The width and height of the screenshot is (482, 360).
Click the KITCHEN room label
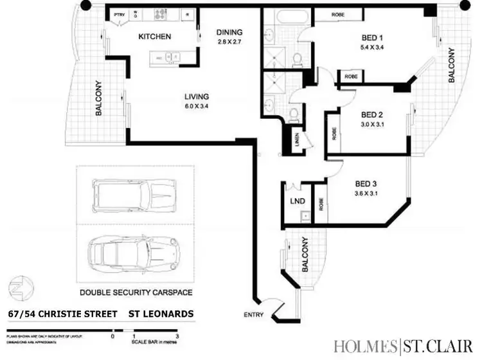coord(155,37)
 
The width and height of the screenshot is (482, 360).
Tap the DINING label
coord(229,32)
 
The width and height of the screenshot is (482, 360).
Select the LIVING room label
coord(196,97)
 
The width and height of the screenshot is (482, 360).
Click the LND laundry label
coord(297,201)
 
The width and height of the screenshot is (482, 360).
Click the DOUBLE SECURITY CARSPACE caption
coord(136,292)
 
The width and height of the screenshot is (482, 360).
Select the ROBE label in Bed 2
coord(334,133)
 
